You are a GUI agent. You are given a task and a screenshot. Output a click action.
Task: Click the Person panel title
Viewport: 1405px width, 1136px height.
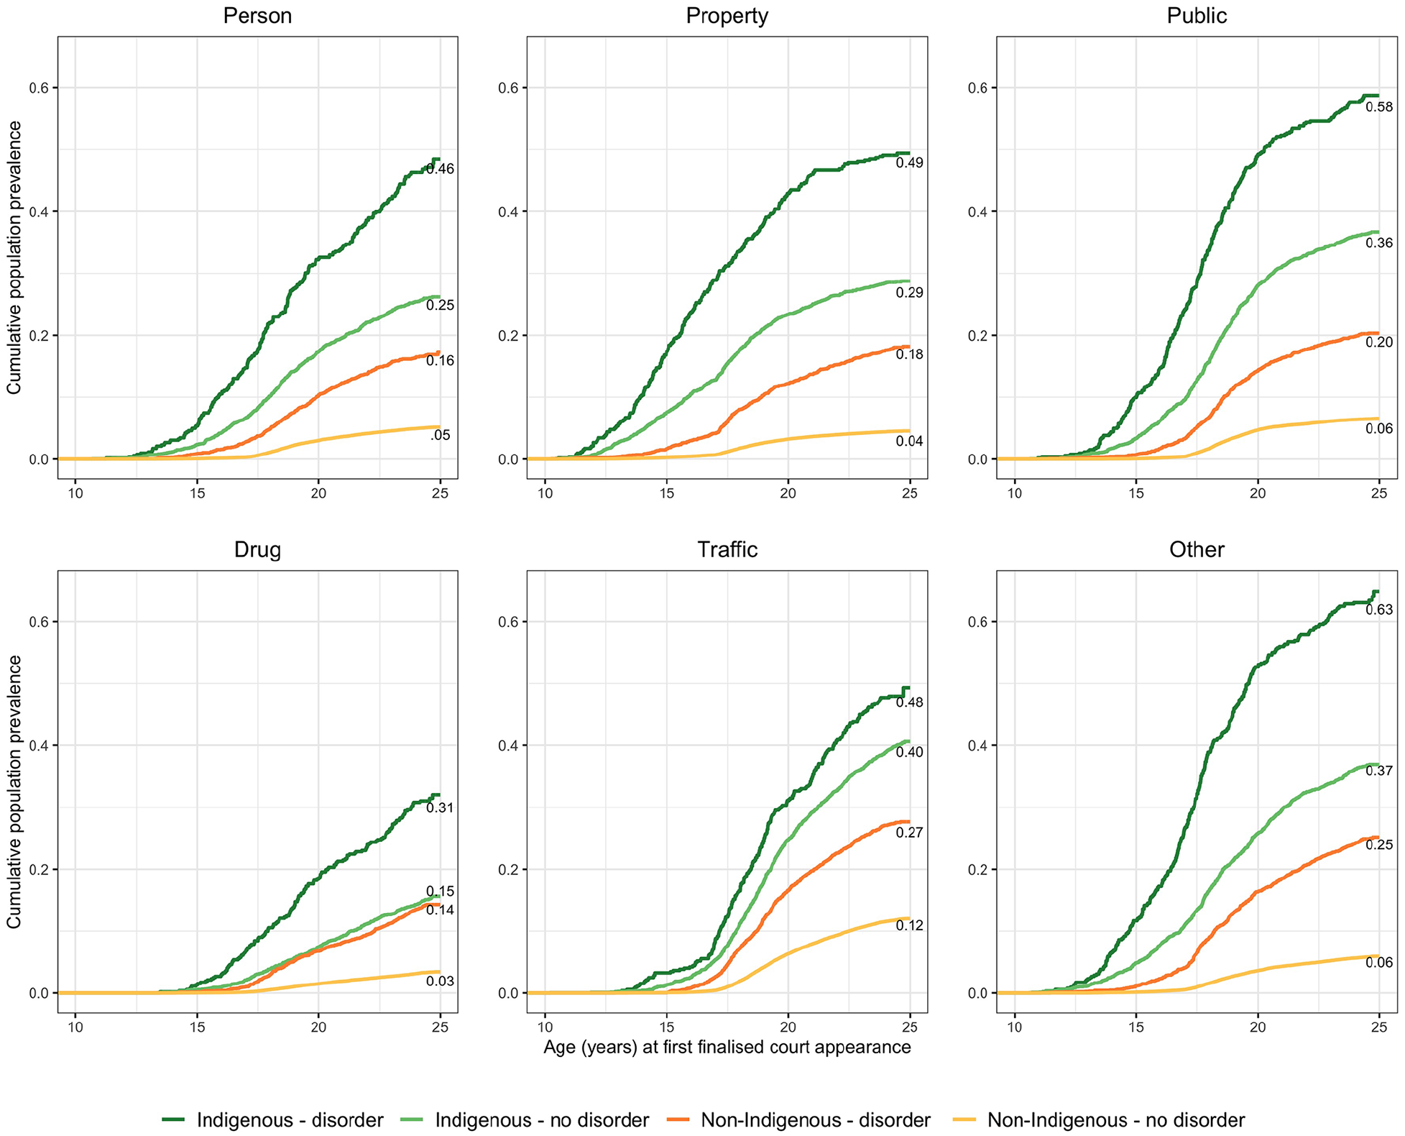[x=257, y=16]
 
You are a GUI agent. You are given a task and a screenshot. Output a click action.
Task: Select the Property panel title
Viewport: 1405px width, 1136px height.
[x=727, y=16]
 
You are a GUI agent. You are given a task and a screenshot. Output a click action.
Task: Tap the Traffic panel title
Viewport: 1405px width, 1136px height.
[x=727, y=549]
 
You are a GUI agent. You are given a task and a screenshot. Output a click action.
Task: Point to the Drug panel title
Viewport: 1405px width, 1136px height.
[x=257, y=550]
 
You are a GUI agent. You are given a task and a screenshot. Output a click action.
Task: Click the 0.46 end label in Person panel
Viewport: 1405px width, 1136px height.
[x=440, y=170]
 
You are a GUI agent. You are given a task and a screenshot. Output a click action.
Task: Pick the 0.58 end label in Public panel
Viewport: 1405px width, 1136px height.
[x=1379, y=108]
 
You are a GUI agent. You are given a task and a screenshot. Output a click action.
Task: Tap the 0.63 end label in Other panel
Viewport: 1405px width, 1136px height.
[x=1379, y=610]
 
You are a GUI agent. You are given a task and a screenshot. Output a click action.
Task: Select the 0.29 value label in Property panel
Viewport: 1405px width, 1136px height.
[x=909, y=293]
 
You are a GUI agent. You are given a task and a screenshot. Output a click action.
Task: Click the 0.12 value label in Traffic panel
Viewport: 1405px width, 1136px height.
[x=909, y=926]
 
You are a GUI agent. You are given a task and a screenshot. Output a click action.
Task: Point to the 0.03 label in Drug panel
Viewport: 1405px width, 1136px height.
[x=440, y=981]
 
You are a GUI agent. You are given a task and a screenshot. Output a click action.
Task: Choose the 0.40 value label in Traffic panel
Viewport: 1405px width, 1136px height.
[x=909, y=752]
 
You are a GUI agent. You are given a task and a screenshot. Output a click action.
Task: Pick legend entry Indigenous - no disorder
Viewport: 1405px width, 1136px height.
[x=525, y=1119]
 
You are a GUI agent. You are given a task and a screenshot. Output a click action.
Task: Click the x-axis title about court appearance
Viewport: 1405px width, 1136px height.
[x=727, y=1046]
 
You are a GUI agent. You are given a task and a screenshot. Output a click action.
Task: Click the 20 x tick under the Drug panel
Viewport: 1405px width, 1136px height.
[x=318, y=1027]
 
